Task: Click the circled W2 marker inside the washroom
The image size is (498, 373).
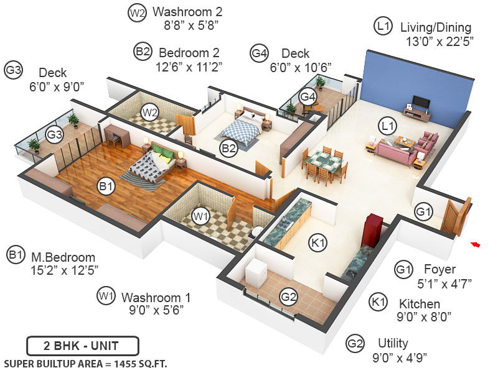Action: [x=149, y=113]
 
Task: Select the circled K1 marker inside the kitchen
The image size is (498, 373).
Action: [x=317, y=244]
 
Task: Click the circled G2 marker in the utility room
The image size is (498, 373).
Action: [x=288, y=298]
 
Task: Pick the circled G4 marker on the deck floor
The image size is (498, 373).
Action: [x=308, y=96]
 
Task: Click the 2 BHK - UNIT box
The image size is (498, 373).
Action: [x=82, y=345]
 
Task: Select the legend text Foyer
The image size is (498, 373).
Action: [x=439, y=270]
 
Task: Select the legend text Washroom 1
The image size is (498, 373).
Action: [x=156, y=297]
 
